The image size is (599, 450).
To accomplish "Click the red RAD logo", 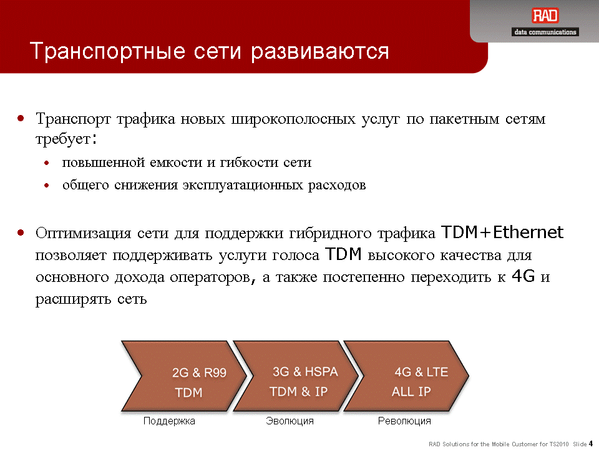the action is (x=545, y=16).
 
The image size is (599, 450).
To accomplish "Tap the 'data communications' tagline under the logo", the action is (x=545, y=32).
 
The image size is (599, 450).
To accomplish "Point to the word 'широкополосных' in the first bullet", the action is (x=293, y=119).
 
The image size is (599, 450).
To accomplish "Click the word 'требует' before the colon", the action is (x=63, y=139).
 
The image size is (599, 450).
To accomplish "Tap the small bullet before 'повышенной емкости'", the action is (x=47, y=163).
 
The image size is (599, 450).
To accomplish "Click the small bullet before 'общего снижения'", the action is (x=47, y=186).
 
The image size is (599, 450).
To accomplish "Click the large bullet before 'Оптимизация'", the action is (x=21, y=232).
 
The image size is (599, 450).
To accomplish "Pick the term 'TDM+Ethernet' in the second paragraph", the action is (x=502, y=232).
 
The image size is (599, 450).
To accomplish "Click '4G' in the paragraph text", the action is (x=524, y=276).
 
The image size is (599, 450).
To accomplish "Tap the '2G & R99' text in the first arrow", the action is (x=199, y=372).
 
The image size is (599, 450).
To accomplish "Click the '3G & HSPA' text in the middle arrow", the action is (x=305, y=371).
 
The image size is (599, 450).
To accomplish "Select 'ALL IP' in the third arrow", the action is (x=411, y=391).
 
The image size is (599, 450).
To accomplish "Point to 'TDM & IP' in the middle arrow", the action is (x=298, y=391).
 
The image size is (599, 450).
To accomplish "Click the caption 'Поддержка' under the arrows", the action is (x=169, y=421).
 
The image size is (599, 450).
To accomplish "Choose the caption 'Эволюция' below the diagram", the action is (x=290, y=421).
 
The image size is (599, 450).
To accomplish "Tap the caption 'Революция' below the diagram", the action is (x=404, y=421).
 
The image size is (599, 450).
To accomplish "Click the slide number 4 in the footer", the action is (x=591, y=444).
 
